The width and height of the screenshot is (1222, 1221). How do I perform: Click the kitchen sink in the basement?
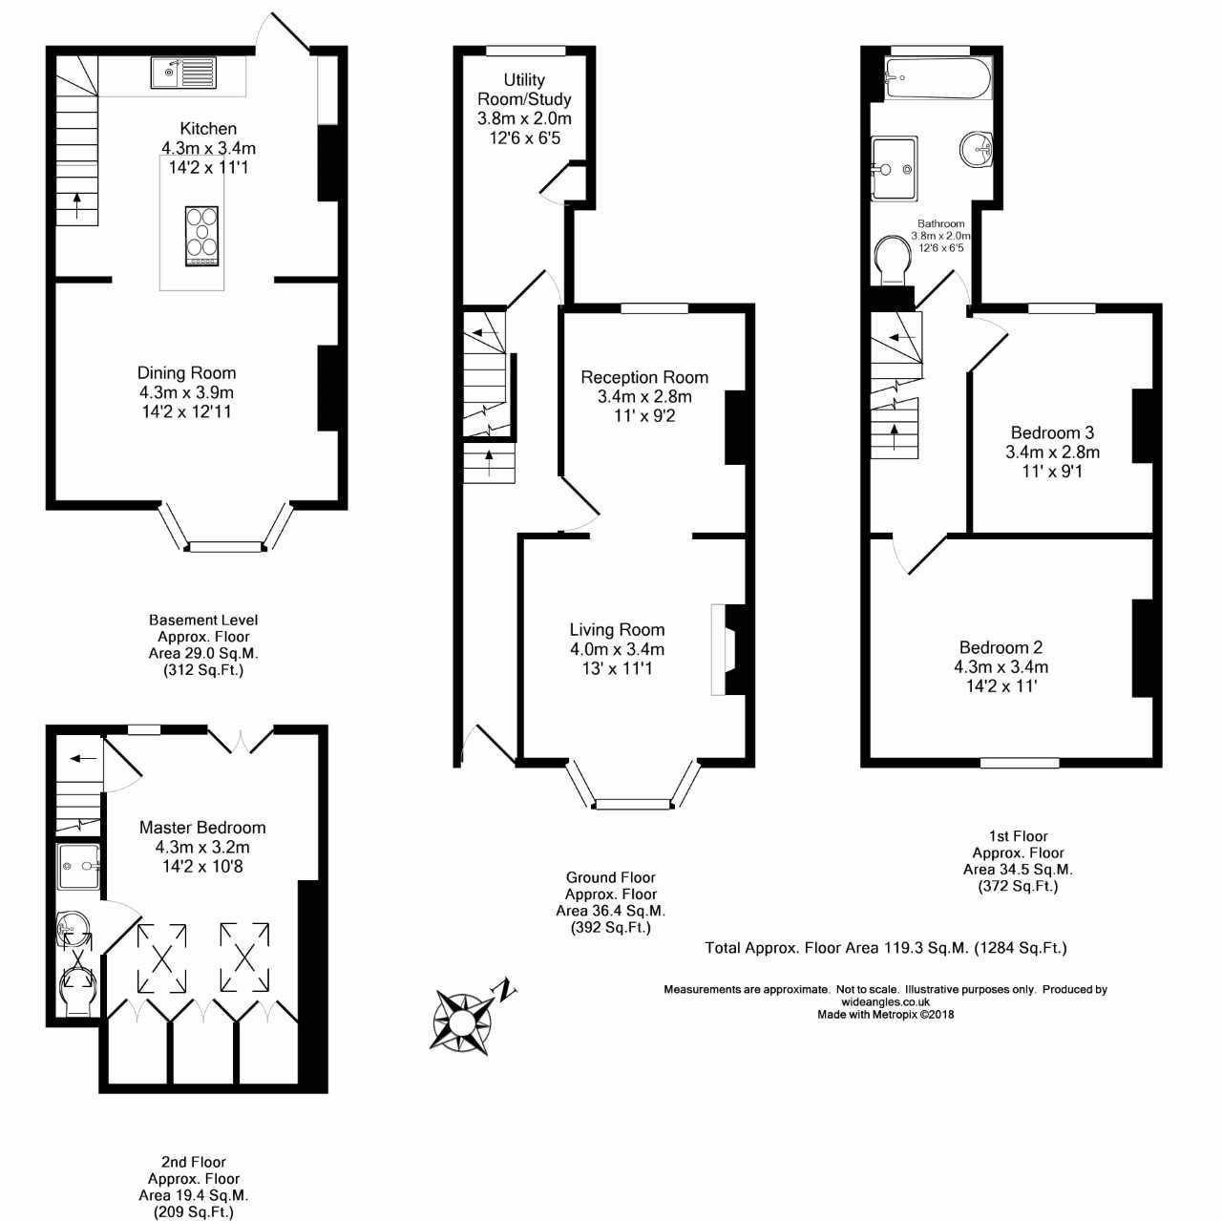pyautogui.click(x=183, y=72)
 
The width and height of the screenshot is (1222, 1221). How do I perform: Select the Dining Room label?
pyautogui.click(x=186, y=373)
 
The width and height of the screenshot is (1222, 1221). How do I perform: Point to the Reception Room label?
pyautogui.click(x=644, y=377)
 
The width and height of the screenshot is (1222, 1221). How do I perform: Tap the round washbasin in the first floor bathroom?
pyautogui.click(x=979, y=148)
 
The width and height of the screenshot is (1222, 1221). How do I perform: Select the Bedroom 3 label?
pyautogui.click(x=1052, y=432)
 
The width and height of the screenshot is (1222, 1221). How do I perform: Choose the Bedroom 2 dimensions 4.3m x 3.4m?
pyautogui.click(x=1001, y=666)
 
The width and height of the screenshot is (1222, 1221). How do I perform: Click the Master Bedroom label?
pyautogui.click(x=202, y=828)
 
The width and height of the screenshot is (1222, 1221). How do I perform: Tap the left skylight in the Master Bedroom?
pyautogui.click(x=164, y=957)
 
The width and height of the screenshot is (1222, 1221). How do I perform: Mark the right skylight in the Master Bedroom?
pyautogui.click(x=245, y=957)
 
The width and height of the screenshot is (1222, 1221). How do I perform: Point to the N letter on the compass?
pyautogui.click(x=507, y=989)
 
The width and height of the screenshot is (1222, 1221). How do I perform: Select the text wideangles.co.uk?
pyautogui.click(x=885, y=1002)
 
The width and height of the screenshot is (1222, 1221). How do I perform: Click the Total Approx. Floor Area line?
pyautogui.click(x=885, y=948)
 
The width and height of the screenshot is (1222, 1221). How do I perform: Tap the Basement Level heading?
pyautogui.click(x=203, y=621)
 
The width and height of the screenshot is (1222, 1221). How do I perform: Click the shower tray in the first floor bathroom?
pyautogui.click(x=894, y=169)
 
